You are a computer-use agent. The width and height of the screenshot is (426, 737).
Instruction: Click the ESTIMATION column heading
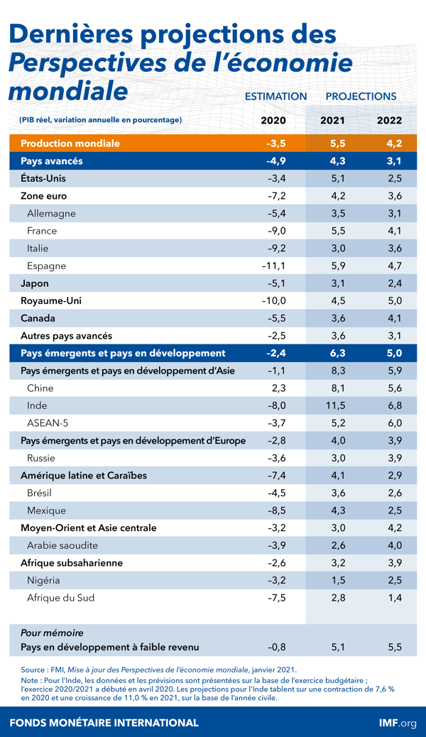pos(275,97)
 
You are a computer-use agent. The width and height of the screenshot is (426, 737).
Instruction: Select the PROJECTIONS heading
pos(361,97)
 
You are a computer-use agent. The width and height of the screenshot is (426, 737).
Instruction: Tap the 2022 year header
pos(389,120)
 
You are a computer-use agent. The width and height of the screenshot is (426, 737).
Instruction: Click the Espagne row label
pos(46,266)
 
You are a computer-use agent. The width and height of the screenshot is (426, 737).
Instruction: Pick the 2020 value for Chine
pos(278,388)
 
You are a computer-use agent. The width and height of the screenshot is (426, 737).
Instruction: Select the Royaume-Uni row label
pos(51,301)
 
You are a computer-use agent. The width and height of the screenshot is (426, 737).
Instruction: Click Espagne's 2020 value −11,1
pos(273,266)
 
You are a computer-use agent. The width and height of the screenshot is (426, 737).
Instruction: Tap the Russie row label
pos(41,458)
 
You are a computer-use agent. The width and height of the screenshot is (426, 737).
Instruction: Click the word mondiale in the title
pos(68,92)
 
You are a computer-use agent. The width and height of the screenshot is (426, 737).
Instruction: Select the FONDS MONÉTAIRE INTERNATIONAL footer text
pos(104,723)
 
